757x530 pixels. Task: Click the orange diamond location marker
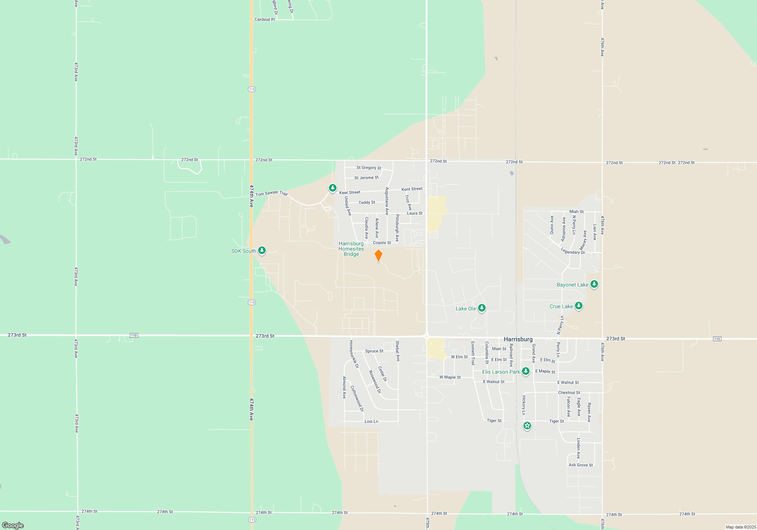pos(378,256)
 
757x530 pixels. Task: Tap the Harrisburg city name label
pos(518,339)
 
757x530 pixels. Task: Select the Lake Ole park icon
pos(481,308)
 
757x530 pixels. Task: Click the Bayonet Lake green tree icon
pos(594,284)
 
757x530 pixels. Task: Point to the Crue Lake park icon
pos(578,306)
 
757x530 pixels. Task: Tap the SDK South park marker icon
pos(262,251)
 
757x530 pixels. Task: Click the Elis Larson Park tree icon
pos(525,371)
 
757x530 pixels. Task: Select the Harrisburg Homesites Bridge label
pos(351,249)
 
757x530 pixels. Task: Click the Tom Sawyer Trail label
pos(271,193)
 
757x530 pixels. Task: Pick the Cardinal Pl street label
pos(265,19)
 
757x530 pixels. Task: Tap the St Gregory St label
pos(369,168)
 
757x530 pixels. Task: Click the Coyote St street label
pos(382,243)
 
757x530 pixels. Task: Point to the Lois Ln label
pos(371,421)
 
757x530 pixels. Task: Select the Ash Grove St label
pos(581,465)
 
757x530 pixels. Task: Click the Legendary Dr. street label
pos(573,251)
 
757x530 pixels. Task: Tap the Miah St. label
pos(577,212)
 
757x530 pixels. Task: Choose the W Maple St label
pos(450,377)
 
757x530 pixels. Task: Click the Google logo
pos(13,525)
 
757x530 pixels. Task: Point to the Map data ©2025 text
pos(740,527)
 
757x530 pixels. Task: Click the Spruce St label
pos(374,351)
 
